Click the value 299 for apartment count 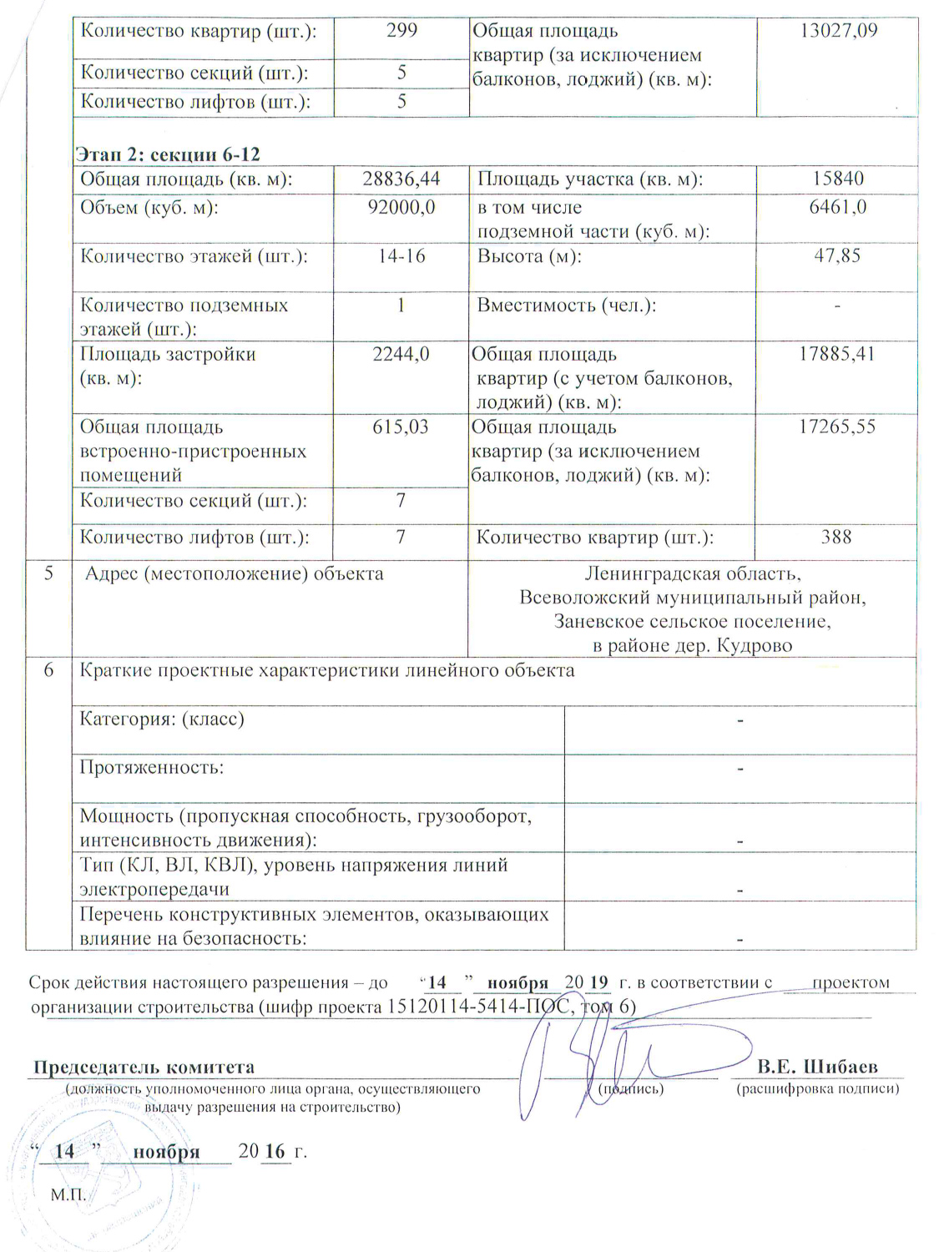tap(401, 31)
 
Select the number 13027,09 tap(838, 32)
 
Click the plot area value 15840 tap(837, 179)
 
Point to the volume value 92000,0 tap(401, 207)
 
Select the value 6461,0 tap(837, 207)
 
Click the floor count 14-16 tap(401, 256)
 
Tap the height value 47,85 tap(837, 256)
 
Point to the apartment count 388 tap(836, 537)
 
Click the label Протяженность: tap(151, 767)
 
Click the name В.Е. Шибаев tap(818, 1067)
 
